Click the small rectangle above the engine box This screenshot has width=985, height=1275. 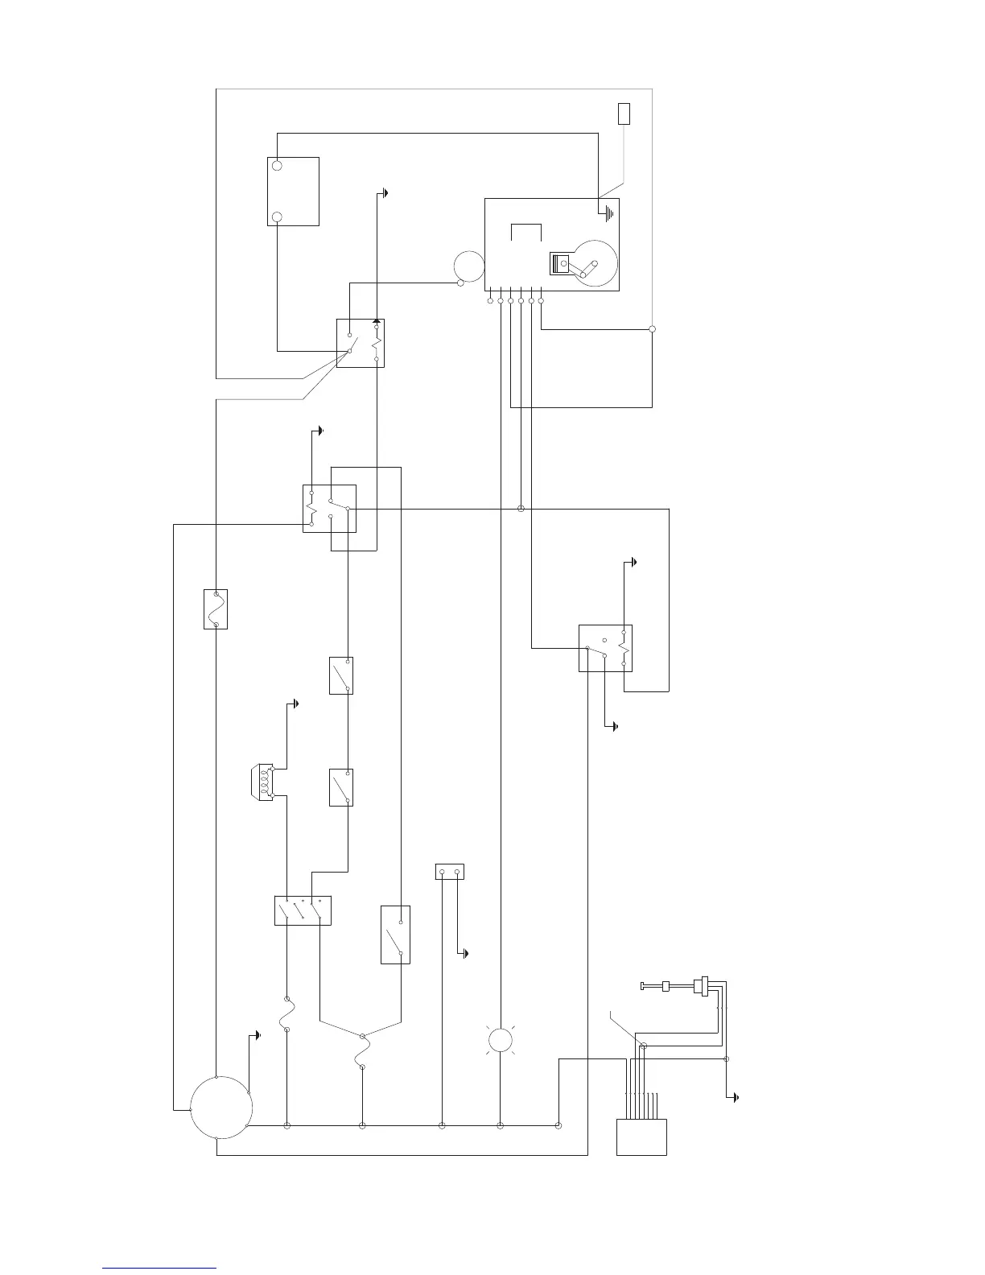(624, 113)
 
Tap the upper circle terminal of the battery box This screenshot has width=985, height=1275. (277, 165)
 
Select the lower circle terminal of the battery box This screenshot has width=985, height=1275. (277, 217)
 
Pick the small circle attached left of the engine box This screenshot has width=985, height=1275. (468, 266)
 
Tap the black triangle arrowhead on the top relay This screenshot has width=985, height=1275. (377, 321)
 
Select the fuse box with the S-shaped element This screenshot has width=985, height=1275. (216, 609)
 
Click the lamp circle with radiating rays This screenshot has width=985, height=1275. (500, 1040)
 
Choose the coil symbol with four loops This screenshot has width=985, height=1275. (262, 781)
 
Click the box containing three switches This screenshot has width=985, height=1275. (303, 910)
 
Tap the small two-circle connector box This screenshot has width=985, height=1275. (449, 872)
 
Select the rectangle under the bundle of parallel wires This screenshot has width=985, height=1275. (641, 1137)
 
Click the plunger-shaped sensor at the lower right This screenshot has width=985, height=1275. (676, 986)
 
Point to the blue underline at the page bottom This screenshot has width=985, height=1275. (159, 1268)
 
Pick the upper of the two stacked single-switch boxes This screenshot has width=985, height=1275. (341, 675)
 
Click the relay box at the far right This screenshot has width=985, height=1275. (605, 648)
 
